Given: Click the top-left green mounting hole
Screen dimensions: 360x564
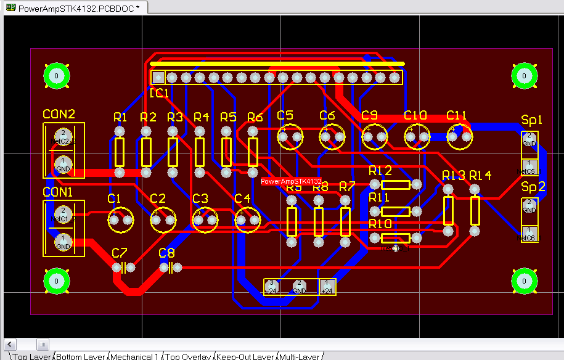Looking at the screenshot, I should click(x=56, y=76).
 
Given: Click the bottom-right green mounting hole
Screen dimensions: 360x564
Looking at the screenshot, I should click(x=524, y=280).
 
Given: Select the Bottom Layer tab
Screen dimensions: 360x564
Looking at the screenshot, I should click(x=81, y=356).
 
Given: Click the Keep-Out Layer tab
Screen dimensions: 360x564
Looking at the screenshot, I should click(x=245, y=356).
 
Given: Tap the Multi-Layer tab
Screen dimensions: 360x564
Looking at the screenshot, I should click(x=300, y=356).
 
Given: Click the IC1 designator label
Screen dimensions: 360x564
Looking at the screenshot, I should click(x=159, y=93).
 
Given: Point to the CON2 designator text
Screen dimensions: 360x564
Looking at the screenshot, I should click(x=59, y=115).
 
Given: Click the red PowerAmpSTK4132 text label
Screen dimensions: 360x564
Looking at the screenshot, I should click(x=291, y=182).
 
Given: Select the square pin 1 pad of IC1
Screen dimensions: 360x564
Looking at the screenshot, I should click(x=158, y=78).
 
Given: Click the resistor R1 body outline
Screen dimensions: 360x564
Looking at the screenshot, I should click(x=120, y=152).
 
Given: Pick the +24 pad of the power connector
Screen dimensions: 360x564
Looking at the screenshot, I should click(x=327, y=287).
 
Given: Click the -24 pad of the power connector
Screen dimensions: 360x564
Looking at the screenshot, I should click(x=272, y=287).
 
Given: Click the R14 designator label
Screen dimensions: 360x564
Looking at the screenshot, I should click(x=480, y=176).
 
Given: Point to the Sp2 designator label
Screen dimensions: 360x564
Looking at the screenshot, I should click(x=532, y=187).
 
